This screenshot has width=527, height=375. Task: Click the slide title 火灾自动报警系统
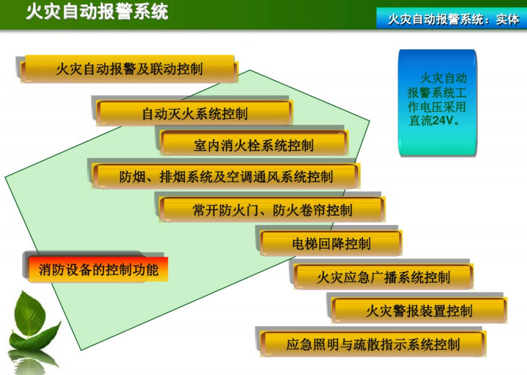pos(97,12)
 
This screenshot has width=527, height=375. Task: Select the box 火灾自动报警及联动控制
pos(129,69)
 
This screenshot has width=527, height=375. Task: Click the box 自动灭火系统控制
pos(194,113)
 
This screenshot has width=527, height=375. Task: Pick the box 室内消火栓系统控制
pos(253,144)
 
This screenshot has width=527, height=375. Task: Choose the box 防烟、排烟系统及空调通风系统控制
pos(225,176)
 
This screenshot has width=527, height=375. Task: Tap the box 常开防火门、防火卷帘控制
pos(271,210)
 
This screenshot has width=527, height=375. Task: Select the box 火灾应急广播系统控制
pos(383,277)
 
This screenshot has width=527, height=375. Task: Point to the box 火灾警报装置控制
pos(419,311)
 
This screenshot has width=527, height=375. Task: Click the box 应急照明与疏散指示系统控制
pos(373,344)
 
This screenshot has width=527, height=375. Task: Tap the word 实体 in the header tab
pos(507,19)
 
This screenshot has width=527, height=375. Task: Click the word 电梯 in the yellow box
pos(304,244)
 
